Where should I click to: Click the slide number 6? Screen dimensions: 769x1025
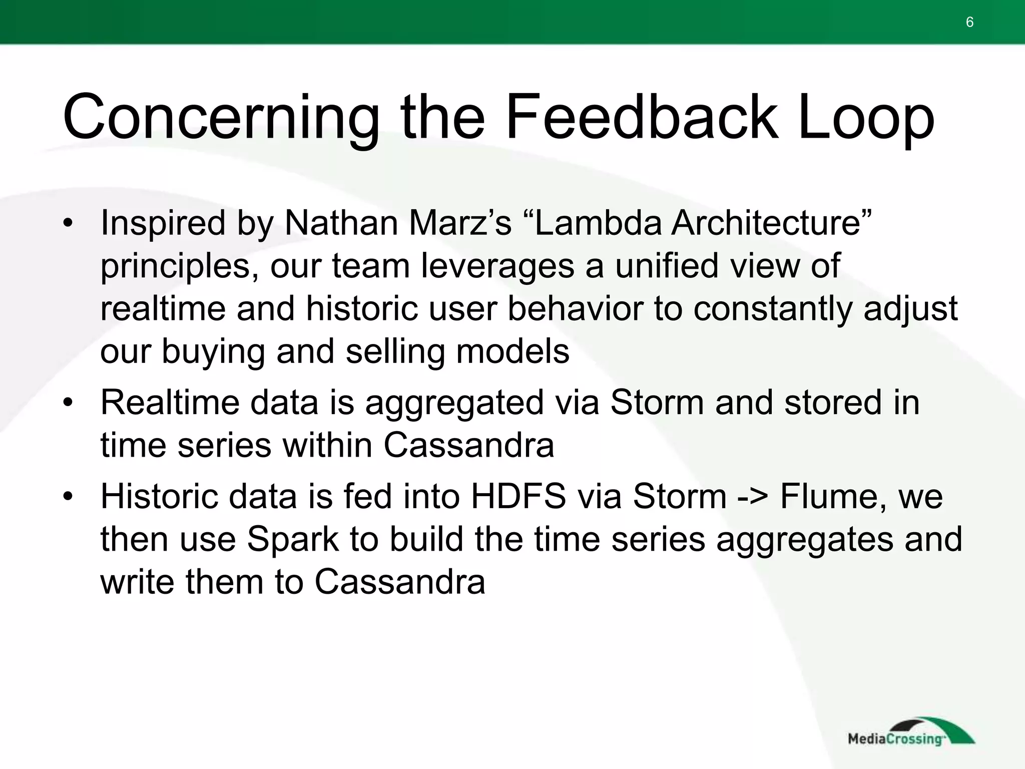click(x=969, y=23)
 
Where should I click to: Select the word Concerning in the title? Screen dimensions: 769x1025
click(x=221, y=118)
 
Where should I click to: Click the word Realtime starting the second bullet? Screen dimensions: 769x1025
click(x=170, y=403)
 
